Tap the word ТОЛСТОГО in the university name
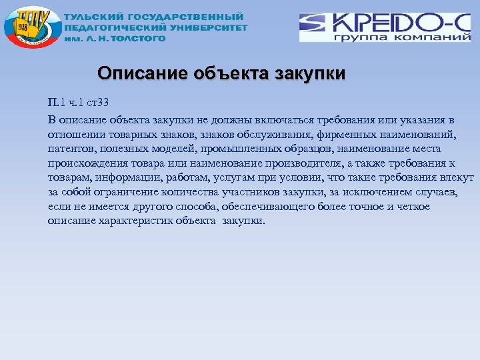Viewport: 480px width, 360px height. click(x=137, y=39)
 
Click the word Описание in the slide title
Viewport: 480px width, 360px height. click(x=136, y=73)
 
